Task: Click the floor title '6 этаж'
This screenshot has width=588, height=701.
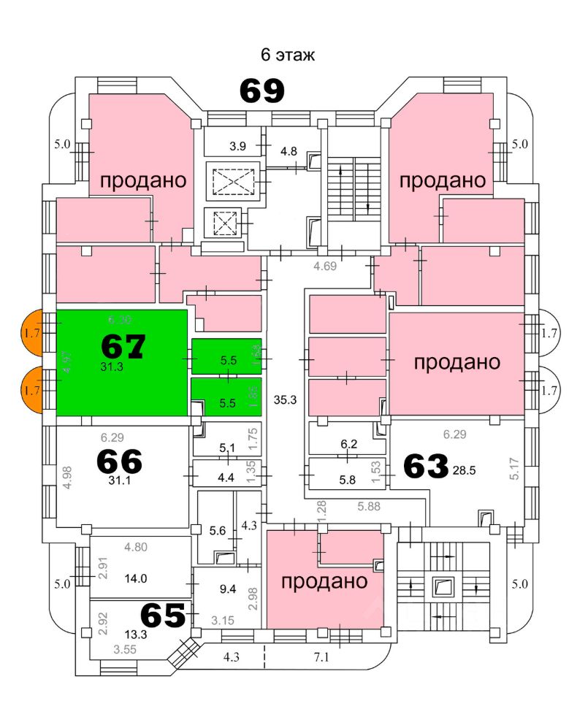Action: pos(288,55)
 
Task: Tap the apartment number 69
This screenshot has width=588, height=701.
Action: pos(261,91)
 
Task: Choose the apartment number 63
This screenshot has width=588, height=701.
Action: pos(424,467)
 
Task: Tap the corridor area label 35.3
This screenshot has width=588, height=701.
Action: pos(284,399)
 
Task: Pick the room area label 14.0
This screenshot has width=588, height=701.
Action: pos(136,579)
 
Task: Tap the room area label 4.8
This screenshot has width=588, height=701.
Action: pos(289,152)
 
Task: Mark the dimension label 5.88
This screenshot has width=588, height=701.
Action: pos(369,505)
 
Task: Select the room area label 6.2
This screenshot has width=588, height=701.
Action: pos(349,443)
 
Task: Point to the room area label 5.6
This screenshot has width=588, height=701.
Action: pos(218,532)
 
